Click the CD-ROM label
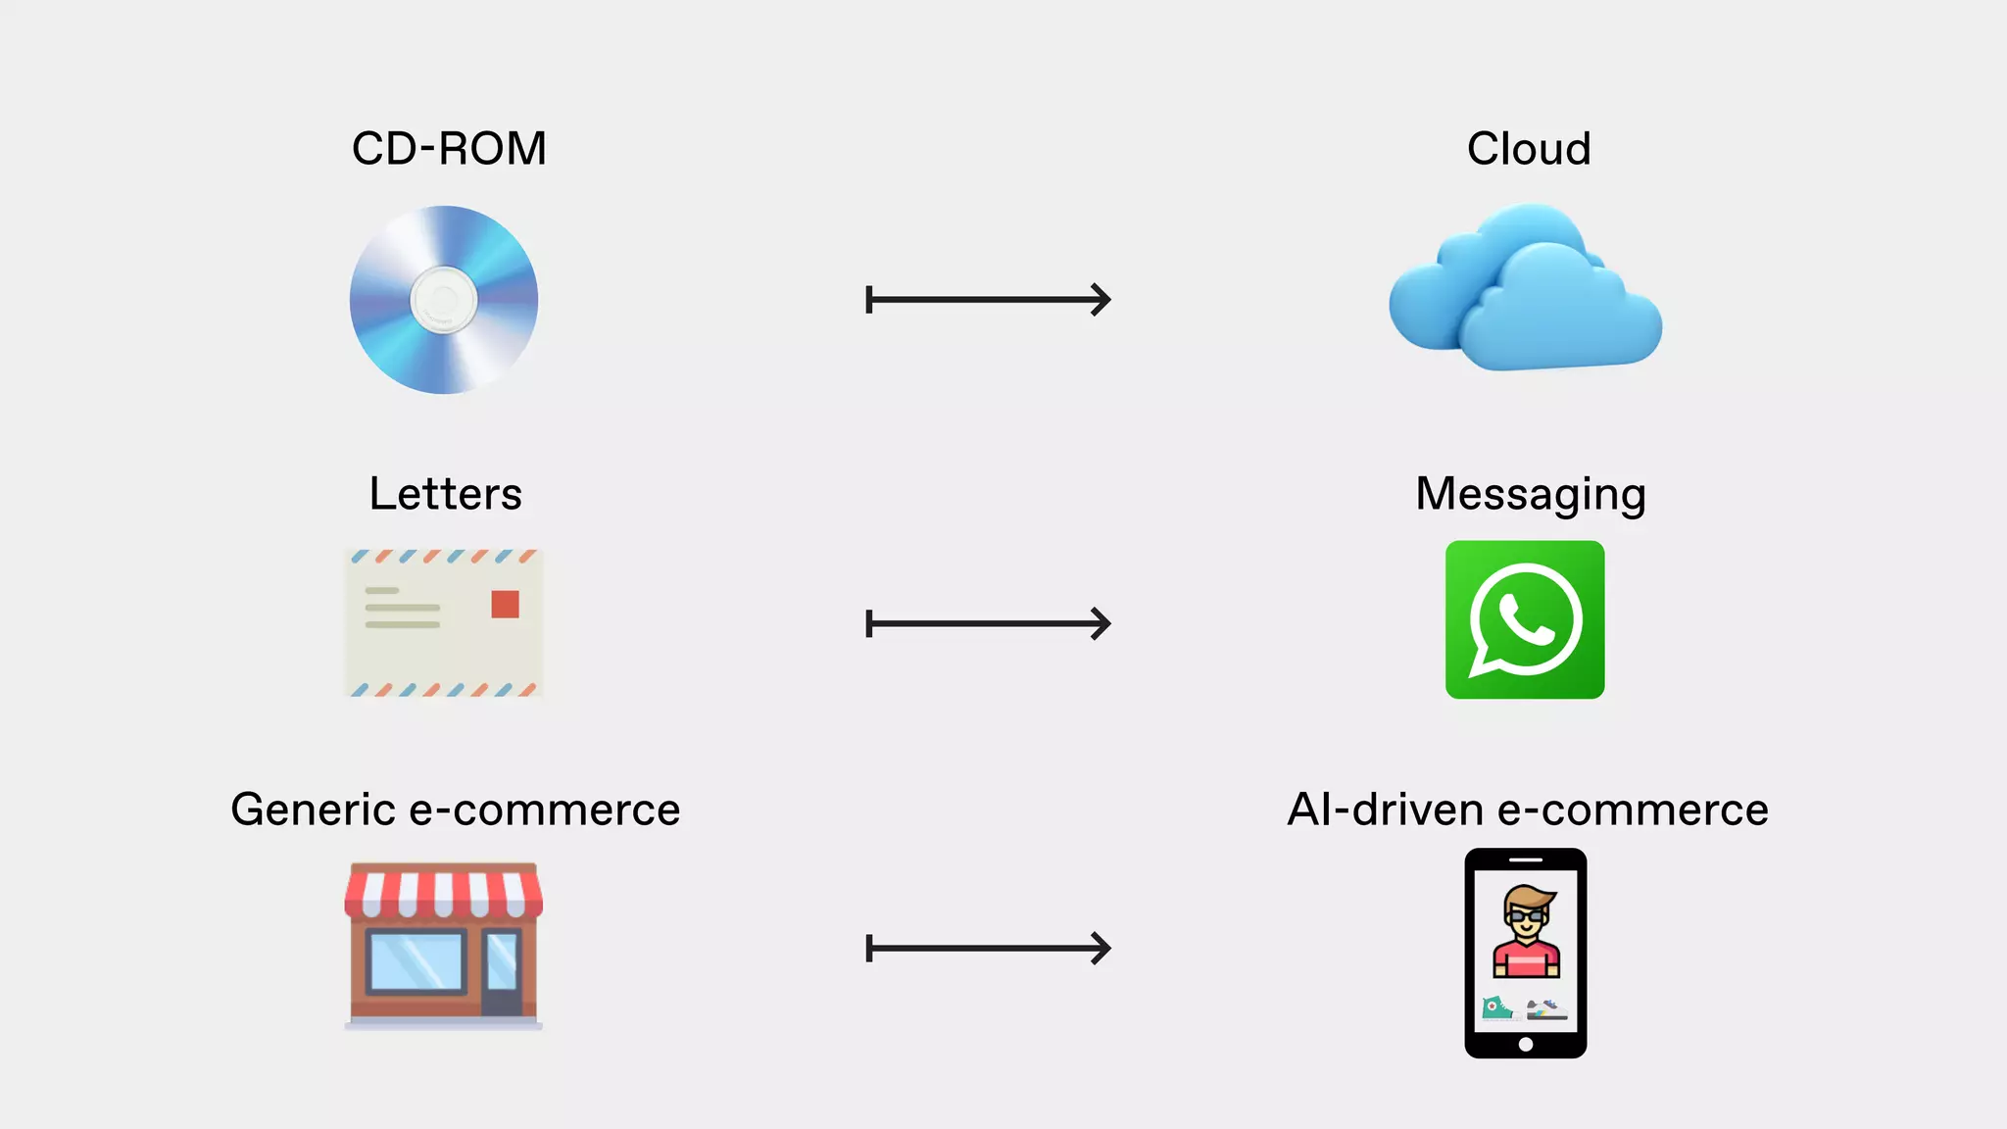click(x=449, y=149)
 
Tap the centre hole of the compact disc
click(x=444, y=300)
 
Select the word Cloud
click(x=1528, y=149)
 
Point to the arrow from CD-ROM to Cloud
click(x=988, y=300)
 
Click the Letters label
click(x=446, y=494)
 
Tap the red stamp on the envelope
click(x=505, y=604)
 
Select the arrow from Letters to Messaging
click(x=988, y=623)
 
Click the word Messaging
click(x=1530, y=495)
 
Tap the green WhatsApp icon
click(x=1525, y=619)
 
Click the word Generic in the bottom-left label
click(x=313, y=810)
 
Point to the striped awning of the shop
click(x=444, y=891)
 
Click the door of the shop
click(x=502, y=970)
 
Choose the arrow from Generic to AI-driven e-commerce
click(x=988, y=948)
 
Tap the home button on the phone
click(x=1525, y=1044)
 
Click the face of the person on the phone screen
click(x=1526, y=917)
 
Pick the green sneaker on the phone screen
click(x=1496, y=1008)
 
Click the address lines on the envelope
click(x=402, y=608)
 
